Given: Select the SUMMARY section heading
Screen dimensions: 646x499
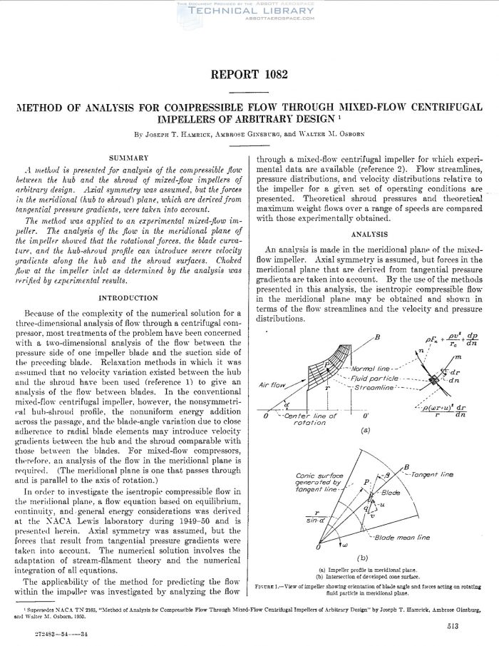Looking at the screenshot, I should point(128,156).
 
